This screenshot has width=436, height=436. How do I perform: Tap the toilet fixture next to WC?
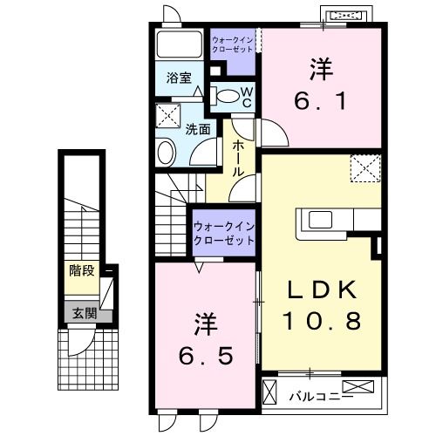click(224, 96)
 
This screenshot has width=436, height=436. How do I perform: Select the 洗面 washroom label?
click(198, 130)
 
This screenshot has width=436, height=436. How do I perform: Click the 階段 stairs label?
click(81, 270)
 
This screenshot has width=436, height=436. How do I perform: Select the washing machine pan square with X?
click(167, 115)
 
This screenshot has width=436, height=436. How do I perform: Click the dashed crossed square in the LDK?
click(364, 167)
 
